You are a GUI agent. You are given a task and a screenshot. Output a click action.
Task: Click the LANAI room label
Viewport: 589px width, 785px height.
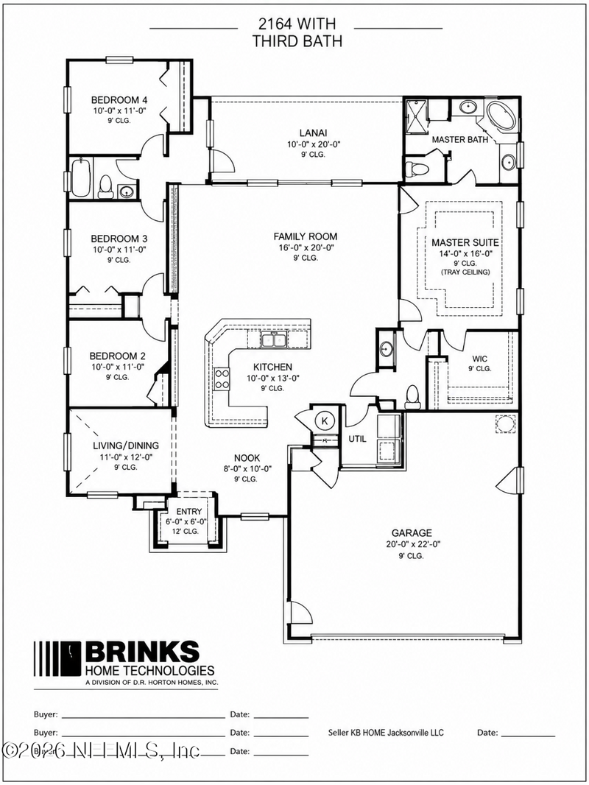pos(313,133)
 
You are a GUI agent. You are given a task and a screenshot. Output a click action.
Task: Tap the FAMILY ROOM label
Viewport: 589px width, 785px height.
pos(306,236)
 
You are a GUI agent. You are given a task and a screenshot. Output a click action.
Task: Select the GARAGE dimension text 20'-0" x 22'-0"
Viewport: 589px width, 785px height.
pos(413,544)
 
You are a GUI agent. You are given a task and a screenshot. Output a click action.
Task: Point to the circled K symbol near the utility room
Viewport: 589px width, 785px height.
pos(324,421)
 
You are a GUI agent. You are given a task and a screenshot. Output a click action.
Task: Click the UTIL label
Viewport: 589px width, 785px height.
pos(357,439)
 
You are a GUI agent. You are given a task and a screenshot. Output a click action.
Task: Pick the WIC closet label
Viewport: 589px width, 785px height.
pos(479,359)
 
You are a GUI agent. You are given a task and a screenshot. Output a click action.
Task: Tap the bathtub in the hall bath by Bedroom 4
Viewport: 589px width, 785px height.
pos(81,178)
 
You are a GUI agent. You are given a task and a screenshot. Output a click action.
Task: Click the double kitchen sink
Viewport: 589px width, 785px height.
pos(272,340)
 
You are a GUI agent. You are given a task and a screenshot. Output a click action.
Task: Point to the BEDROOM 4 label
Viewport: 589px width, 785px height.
pos(119,99)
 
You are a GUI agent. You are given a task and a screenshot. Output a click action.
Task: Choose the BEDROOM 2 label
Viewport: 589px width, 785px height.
pos(117,356)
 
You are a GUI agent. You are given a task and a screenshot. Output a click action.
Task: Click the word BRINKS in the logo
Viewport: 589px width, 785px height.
pos(142,652)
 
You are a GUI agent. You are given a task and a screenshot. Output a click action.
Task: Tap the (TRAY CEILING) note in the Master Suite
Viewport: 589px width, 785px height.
pos(465,272)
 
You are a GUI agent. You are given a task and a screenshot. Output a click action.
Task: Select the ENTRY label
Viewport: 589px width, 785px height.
pos(189,511)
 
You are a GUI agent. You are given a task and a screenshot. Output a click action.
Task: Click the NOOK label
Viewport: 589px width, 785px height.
pos(247,457)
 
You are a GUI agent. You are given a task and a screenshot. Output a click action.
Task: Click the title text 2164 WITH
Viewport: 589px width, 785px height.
pos(297,24)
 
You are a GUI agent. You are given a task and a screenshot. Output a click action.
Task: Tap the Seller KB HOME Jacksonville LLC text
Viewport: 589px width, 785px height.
pos(386,733)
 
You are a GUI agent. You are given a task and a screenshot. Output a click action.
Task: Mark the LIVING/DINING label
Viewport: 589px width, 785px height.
pos(126,445)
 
